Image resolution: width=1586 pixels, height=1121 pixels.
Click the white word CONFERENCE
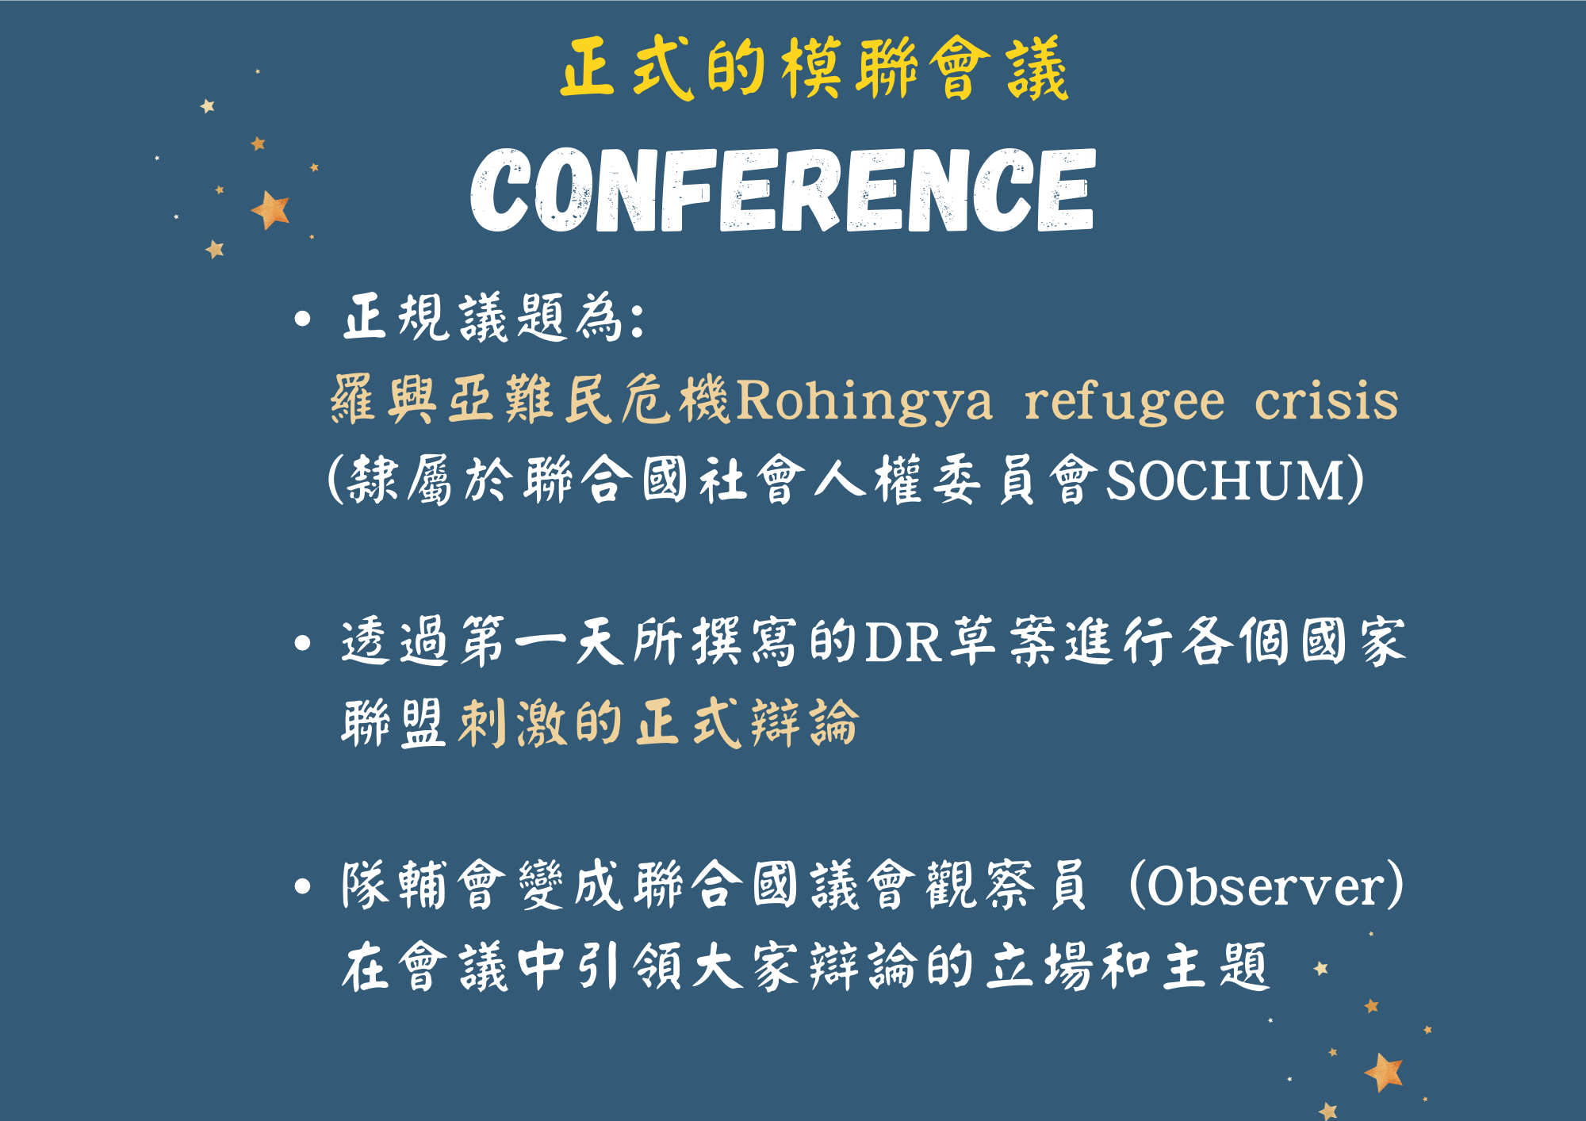coord(783,190)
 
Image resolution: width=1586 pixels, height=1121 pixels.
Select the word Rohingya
coord(864,401)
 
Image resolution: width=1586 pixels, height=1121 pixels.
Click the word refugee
coord(1124,401)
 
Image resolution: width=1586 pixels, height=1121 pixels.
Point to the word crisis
coord(1326,400)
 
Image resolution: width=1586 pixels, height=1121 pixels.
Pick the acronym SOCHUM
coord(1224,480)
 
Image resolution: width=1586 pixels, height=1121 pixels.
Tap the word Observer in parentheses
coord(1266,886)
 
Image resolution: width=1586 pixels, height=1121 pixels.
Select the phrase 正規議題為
coord(483,319)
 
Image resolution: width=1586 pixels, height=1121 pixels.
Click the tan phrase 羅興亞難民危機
coord(530,400)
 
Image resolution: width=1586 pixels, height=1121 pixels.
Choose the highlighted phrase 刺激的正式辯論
coord(659,723)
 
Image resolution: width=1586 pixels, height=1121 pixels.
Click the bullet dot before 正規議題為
coord(302,319)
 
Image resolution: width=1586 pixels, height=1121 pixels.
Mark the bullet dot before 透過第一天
coord(302,643)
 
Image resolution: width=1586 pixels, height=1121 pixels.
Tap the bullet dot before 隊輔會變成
coord(302,886)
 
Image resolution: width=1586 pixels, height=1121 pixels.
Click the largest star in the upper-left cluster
coord(271,210)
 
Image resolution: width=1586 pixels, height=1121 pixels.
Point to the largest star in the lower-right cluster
coord(1385,1072)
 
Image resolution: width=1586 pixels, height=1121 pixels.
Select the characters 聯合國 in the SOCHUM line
coord(607,480)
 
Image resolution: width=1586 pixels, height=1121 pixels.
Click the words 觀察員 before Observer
coord(1007,886)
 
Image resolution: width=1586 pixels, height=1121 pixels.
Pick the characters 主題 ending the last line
coord(1216,966)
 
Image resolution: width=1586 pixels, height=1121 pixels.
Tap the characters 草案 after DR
coord(1003,641)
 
